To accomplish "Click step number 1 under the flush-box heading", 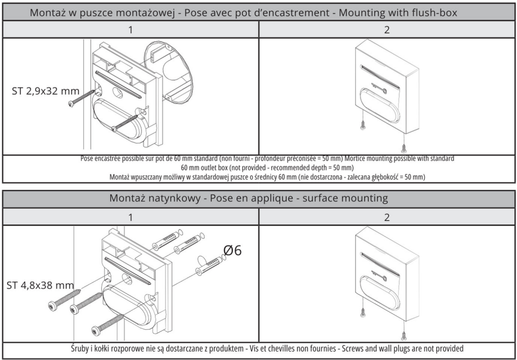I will coord(130,30).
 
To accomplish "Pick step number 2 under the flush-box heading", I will coord(387,30).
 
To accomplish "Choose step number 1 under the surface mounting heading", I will coord(130,217).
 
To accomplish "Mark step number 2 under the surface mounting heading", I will coord(387,217).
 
